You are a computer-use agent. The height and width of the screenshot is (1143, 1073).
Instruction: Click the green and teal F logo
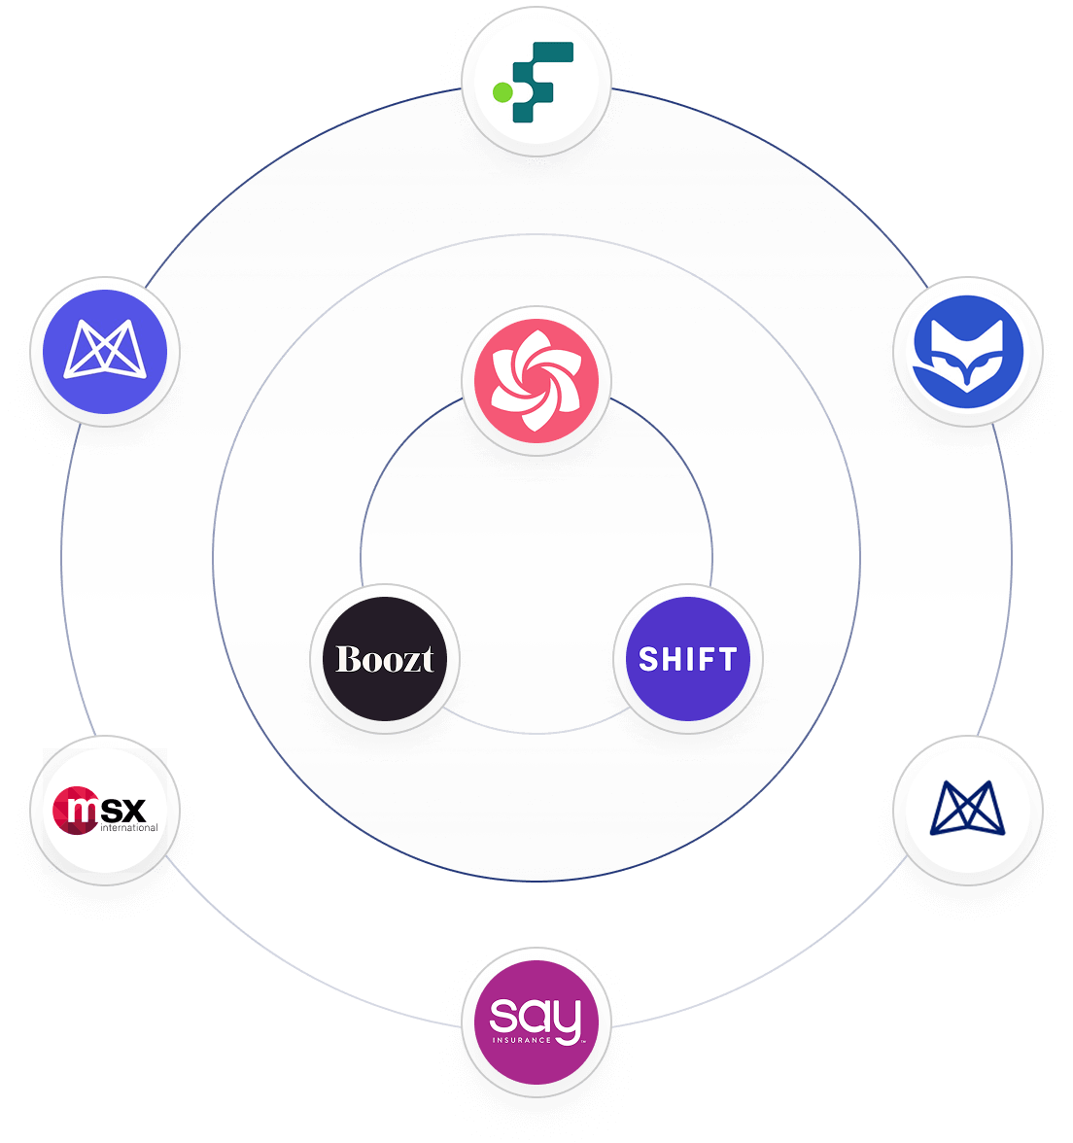tap(536, 80)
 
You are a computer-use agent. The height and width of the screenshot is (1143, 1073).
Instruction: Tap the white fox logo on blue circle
tap(968, 350)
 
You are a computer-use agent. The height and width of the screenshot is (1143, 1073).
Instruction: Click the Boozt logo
tap(385, 659)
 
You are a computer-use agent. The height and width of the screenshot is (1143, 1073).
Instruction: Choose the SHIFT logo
tap(688, 659)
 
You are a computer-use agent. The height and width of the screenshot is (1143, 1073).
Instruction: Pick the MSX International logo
tap(105, 811)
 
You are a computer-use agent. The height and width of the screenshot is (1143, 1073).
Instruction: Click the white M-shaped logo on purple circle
tap(105, 350)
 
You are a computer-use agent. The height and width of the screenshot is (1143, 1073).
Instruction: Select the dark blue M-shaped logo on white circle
tap(968, 809)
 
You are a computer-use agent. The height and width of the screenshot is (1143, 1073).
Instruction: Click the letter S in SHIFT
tap(648, 659)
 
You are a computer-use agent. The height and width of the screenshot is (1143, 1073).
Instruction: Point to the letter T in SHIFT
tap(726, 659)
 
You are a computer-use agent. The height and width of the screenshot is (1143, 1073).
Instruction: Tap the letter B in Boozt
tap(346, 659)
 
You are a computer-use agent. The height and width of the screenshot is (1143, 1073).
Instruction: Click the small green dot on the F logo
tap(502, 92)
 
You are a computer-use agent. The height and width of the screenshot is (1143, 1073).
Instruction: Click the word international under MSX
tap(128, 828)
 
